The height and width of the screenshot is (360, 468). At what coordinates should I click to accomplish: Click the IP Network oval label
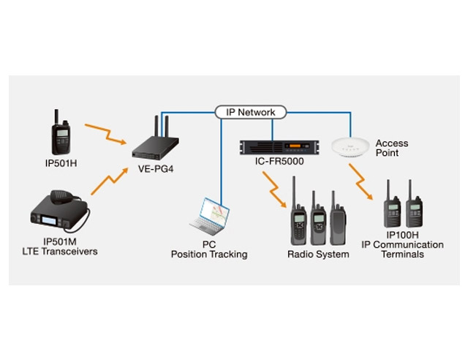pos(251,112)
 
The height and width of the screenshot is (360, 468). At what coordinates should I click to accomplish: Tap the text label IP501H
pos(60,164)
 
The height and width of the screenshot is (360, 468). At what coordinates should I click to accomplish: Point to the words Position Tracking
pos(209,255)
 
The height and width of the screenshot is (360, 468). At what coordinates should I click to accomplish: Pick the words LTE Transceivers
pos(60,252)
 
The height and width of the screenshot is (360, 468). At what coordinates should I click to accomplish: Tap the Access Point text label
pos(391,148)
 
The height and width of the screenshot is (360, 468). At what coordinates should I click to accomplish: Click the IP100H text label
pos(402,235)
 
